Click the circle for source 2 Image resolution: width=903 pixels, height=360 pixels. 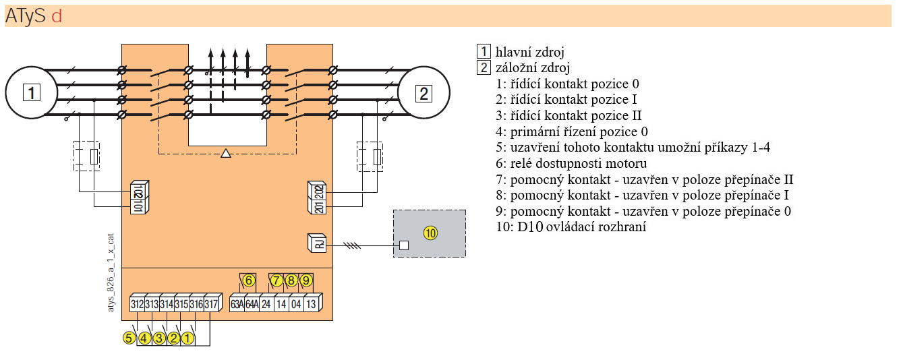(424, 92)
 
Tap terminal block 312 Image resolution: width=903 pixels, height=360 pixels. (138, 304)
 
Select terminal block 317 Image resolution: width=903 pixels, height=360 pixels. (211, 304)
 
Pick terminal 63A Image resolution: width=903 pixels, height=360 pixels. (237, 303)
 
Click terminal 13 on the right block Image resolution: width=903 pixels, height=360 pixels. (311, 303)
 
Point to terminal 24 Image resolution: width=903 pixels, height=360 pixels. (266, 303)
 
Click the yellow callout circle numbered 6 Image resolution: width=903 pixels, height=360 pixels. (249, 280)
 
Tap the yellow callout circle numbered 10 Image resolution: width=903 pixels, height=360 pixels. (430, 233)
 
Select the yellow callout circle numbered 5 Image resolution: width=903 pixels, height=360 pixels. (129, 338)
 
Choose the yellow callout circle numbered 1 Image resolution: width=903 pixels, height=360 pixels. (188, 338)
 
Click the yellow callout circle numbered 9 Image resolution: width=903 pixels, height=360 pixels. (306, 280)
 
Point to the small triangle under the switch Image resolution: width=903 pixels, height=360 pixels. (226, 154)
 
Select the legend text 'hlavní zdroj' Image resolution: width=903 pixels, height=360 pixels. (529, 52)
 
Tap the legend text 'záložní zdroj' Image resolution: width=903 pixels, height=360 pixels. (533, 67)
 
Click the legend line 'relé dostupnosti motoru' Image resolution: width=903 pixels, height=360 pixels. (571, 164)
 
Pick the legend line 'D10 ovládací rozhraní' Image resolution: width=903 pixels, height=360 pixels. (571, 227)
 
